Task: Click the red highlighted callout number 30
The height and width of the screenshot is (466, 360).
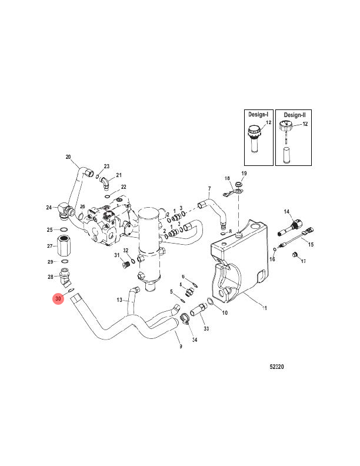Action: [x=58, y=299]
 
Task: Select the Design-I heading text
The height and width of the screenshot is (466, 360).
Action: [x=258, y=115]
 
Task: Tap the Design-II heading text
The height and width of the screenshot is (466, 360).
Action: [x=294, y=115]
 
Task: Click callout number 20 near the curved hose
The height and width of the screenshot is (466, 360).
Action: [x=68, y=157]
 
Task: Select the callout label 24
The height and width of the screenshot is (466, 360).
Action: [x=49, y=207]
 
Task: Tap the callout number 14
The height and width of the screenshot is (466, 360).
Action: [x=287, y=211]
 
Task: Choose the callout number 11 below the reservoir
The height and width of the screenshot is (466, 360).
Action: [x=264, y=308]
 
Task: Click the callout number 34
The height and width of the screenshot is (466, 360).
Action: [x=194, y=340]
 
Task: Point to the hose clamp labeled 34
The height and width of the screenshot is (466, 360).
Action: [x=184, y=321]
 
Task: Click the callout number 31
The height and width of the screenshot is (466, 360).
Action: [x=117, y=255]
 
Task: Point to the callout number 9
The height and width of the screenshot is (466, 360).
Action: [x=181, y=347]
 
